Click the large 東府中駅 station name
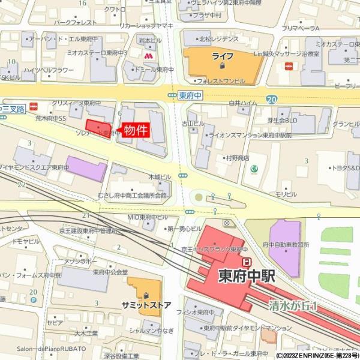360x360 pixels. pos(246,277)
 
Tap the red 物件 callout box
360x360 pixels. pos(135,130)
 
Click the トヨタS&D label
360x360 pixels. pos(344,169)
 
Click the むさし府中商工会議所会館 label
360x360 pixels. pos(132,196)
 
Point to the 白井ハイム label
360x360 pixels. pos(242,103)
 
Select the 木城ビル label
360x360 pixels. pos(160,177)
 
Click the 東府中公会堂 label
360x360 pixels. pos(110,272)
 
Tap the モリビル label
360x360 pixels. pos(286,194)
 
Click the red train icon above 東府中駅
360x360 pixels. pos(246,262)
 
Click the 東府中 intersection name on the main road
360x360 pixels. pos(191,95)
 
